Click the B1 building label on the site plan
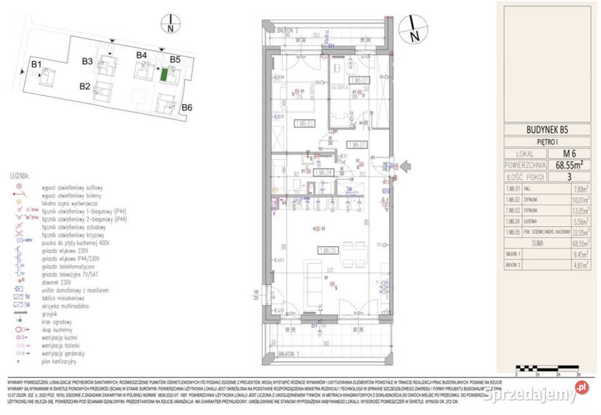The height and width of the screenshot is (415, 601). tap(36, 65)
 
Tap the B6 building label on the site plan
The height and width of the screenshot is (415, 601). tap(187, 108)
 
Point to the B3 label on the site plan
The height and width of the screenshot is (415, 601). tap(87, 61)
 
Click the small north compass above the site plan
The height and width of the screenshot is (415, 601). tap(170, 24)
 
